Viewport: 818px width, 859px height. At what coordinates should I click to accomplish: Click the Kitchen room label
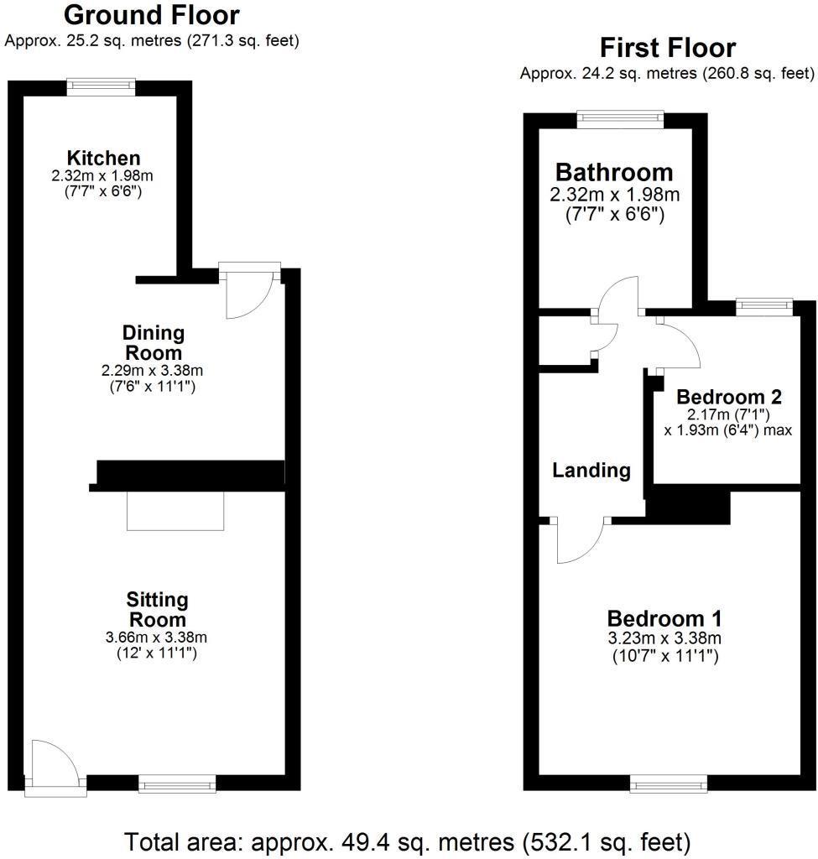(103, 158)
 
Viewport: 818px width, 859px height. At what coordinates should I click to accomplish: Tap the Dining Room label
(152, 342)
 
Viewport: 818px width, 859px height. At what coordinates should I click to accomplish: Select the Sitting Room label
(157, 610)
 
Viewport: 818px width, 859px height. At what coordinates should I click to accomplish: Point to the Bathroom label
(614, 172)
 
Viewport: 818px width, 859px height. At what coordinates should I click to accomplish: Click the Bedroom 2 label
(722, 397)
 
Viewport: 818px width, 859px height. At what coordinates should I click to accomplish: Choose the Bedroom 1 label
(664, 618)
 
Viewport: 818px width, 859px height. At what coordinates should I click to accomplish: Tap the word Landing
(591, 470)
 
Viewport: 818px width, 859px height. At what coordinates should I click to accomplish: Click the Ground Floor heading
(151, 15)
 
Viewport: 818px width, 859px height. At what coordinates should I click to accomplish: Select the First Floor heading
(667, 47)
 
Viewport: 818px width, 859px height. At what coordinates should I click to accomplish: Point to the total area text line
(408, 841)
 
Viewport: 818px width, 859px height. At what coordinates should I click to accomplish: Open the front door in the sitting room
(52, 765)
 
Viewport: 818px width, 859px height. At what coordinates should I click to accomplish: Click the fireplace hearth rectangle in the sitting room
(175, 511)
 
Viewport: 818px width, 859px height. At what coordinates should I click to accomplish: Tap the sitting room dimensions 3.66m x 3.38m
(157, 637)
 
